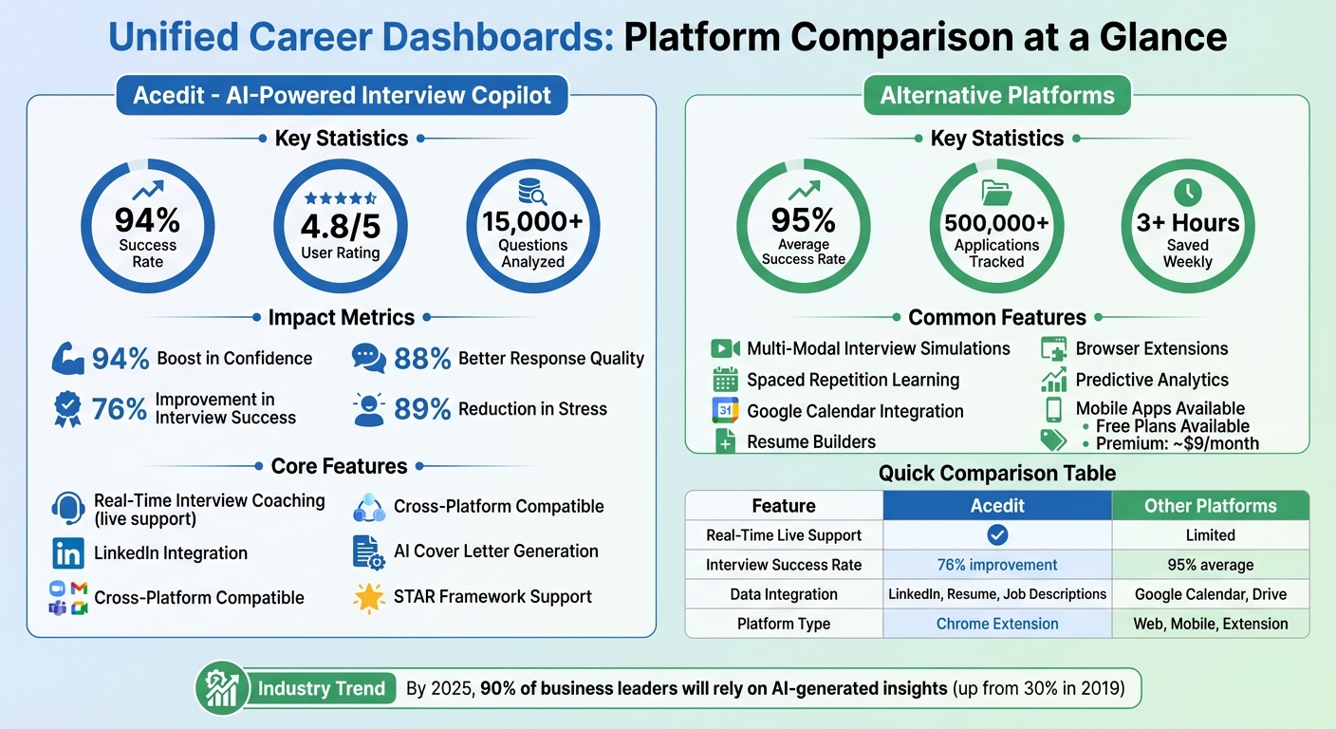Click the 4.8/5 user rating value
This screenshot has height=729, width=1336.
(x=340, y=227)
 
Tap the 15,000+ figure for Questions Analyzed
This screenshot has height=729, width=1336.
(x=532, y=221)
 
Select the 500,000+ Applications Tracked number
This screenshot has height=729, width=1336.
(x=996, y=222)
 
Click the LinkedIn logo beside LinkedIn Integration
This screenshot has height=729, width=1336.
(x=67, y=553)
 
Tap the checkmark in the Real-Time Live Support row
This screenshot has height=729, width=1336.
(x=996, y=535)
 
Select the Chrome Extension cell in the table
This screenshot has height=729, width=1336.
(x=996, y=624)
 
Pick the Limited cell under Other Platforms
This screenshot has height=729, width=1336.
(x=1210, y=535)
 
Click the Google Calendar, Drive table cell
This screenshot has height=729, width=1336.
(x=1210, y=594)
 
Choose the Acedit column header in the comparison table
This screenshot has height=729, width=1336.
(x=996, y=506)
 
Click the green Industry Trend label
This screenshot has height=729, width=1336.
(x=321, y=688)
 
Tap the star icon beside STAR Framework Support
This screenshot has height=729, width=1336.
(x=367, y=597)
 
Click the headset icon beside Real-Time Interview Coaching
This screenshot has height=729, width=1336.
(x=67, y=509)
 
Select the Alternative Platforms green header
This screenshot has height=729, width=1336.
(x=996, y=95)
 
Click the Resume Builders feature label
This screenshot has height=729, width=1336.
(x=810, y=441)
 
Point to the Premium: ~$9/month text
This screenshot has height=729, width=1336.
(x=1177, y=443)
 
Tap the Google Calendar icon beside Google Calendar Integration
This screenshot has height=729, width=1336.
(x=725, y=411)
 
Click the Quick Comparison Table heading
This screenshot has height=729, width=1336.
(x=996, y=473)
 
